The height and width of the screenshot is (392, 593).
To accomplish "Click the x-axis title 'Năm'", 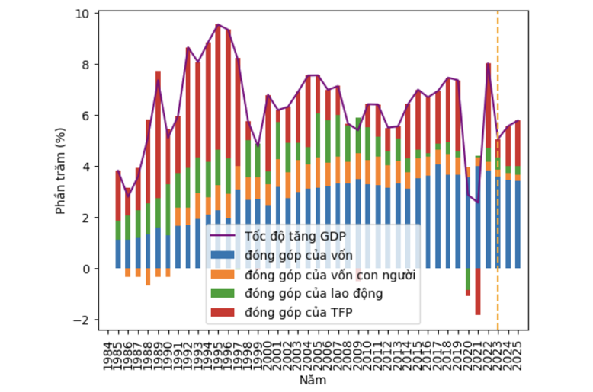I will coord(313,380).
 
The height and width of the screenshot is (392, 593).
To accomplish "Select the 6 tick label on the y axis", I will coord(85,116).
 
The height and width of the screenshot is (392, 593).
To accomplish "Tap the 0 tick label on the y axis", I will coord(85,269).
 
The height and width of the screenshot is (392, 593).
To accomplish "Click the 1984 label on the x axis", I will coord(107,351).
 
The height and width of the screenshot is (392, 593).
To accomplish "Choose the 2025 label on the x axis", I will coord(518,351).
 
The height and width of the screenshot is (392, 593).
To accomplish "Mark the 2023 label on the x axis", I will coord(498,351).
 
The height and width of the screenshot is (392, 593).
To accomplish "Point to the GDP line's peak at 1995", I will coord(218,25).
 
